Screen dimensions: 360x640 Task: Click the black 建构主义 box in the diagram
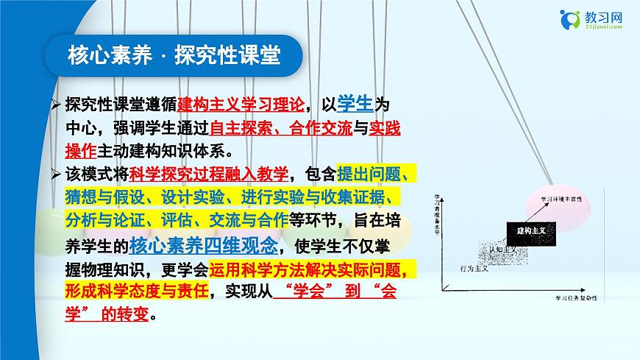pos(527,230)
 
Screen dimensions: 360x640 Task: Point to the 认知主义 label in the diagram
pos(502,250)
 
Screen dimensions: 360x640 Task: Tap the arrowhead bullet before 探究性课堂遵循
pos(56,104)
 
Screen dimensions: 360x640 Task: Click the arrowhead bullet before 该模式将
pos(56,174)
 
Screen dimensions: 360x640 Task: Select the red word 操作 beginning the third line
pos(80,152)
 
